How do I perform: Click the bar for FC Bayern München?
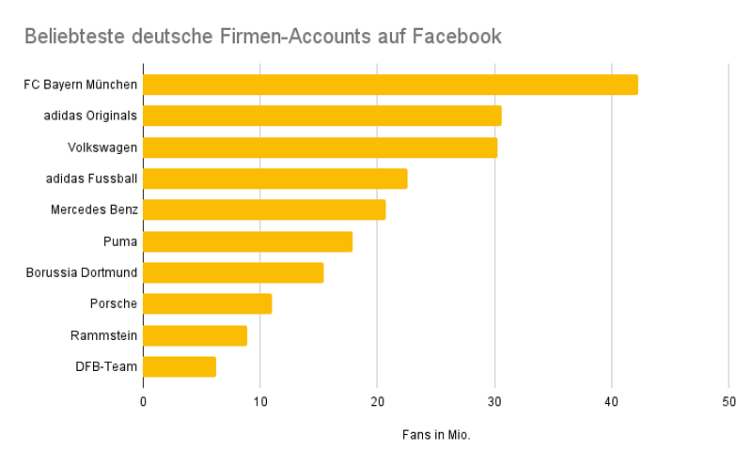click(x=390, y=85)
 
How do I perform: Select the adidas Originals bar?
click(x=321, y=116)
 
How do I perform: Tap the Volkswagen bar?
click(x=320, y=147)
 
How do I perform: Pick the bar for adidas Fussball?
click(x=274, y=178)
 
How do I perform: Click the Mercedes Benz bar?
click(x=264, y=209)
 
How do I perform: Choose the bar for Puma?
click(x=247, y=241)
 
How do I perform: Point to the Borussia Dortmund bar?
click(x=233, y=272)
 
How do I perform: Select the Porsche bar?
click(x=207, y=303)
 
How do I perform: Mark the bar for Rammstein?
click(x=195, y=335)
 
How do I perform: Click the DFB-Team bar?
click(x=180, y=366)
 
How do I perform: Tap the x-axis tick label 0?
click(x=143, y=402)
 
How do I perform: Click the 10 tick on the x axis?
click(x=260, y=402)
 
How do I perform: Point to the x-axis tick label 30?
click(x=494, y=402)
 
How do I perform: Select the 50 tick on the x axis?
click(x=728, y=402)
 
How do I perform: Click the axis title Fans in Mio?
click(x=436, y=436)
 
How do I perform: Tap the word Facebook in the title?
click(x=453, y=37)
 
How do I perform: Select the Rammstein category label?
click(x=103, y=335)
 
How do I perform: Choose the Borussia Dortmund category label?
click(x=83, y=272)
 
